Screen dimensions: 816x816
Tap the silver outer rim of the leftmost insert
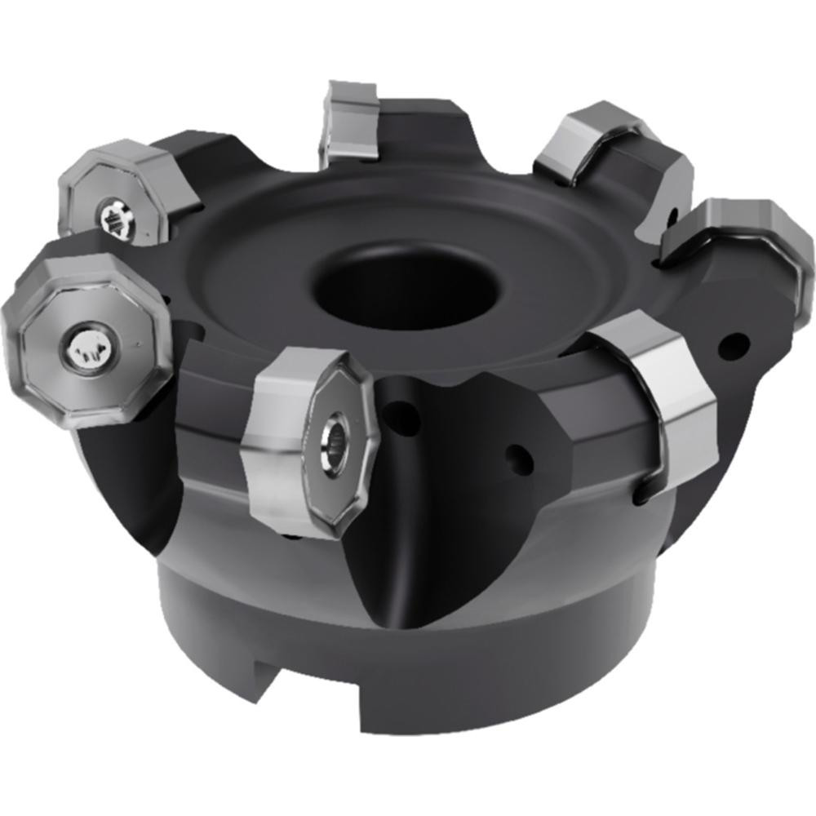tap(33, 384)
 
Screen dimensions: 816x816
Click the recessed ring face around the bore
tap(269, 269)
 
